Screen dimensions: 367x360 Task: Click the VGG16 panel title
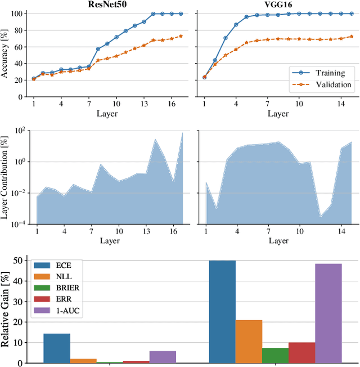tap(278, 4)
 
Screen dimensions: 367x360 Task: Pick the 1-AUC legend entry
tap(65, 310)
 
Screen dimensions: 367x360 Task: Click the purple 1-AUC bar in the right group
tap(328, 313)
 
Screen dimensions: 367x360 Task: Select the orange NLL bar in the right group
tap(249, 341)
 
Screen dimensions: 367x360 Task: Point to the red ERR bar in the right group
tap(302, 352)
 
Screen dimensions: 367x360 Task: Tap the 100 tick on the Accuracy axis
tap(17, 14)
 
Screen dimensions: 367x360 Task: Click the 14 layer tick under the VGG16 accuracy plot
tap(341, 105)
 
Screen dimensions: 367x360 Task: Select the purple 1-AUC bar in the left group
tap(163, 357)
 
